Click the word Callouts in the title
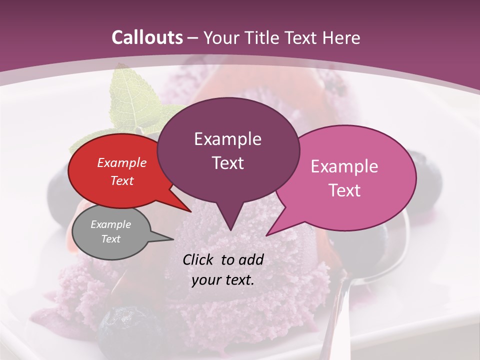click(x=147, y=37)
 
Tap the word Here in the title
click(x=341, y=37)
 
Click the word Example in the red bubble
click(x=121, y=162)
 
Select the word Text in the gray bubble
click(x=110, y=239)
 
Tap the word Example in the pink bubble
click(x=344, y=166)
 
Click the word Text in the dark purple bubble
click(x=228, y=163)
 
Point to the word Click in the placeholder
click(x=198, y=259)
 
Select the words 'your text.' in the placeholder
click(x=223, y=280)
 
